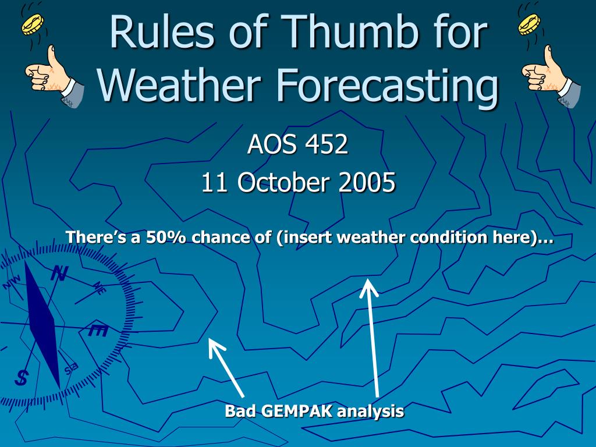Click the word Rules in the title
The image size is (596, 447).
tap(162, 31)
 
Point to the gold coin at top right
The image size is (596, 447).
tap(529, 24)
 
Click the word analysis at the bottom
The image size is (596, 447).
tap(370, 412)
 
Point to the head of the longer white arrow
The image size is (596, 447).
tap(368, 281)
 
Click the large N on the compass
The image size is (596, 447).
tap(59, 273)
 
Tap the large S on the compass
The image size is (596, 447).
tap(22, 377)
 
